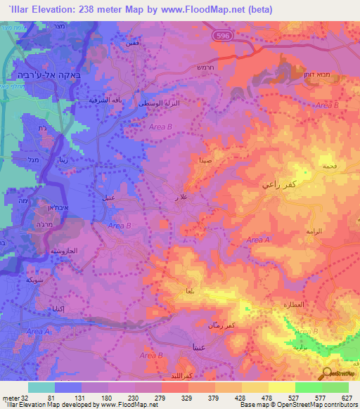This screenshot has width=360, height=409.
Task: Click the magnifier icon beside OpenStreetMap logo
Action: (327, 374)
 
